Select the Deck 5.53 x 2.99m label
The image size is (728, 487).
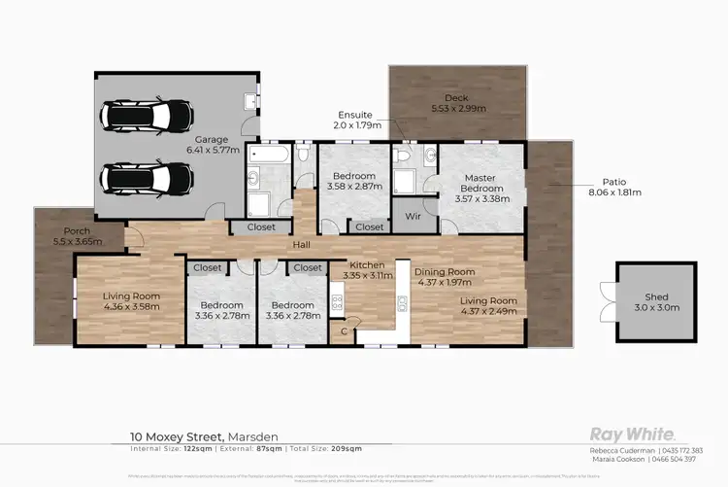pyautogui.click(x=455, y=104)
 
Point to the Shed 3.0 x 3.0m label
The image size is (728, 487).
pyautogui.click(x=656, y=302)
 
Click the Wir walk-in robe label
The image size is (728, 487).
pyautogui.click(x=410, y=216)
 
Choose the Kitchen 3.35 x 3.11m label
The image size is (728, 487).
pyautogui.click(x=361, y=269)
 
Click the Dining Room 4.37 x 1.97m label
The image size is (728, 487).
pyautogui.click(x=445, y=277)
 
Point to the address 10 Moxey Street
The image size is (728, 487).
pyautogui.click(x=180, y=436)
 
